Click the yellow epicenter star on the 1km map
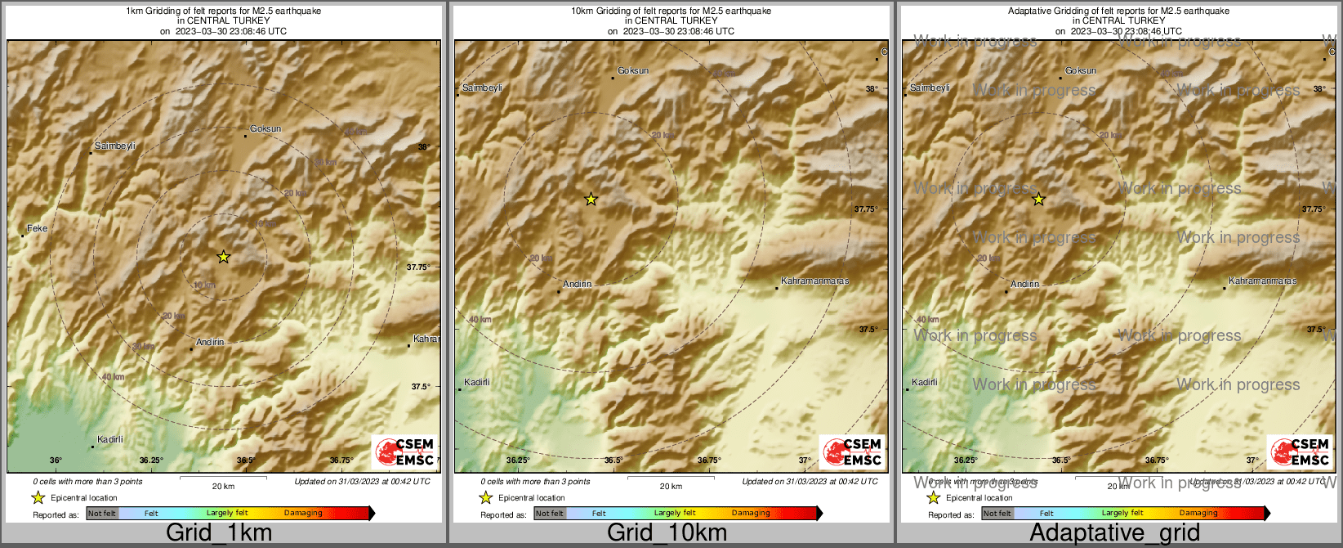pos(223,257)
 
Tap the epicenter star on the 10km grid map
pos(591,199)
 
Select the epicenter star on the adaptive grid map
pos(1038,199)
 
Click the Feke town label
pos(38,228)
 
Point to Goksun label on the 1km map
pos(265,128)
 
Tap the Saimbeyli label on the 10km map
pos(482,88)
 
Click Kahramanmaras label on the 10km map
pos(814,281)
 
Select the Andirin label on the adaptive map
pos(1024,284)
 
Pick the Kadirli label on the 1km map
pos(110,439)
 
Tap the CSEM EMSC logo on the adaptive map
pos(1300,451)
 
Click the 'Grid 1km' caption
pos(219,532)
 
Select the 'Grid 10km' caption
pos(667,532)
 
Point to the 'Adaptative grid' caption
pos(1114,532)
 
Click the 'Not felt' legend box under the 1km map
pos(102,514)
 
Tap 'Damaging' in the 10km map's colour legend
pos(751,514)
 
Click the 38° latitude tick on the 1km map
pos(423,147)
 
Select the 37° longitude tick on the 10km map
pos(805,460)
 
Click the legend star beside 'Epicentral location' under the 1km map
pos(38,497)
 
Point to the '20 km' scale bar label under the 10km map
pos(671,486)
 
